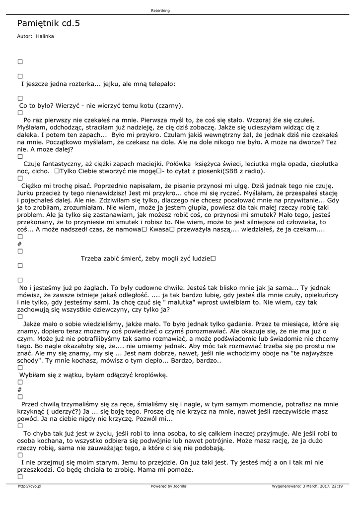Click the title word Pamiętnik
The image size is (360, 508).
point(38,23)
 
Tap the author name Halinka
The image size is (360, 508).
point(45,36)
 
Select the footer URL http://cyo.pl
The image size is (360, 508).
point(29,486)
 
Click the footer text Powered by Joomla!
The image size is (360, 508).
point(169,486)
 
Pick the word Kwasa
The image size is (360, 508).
point(158,230)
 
